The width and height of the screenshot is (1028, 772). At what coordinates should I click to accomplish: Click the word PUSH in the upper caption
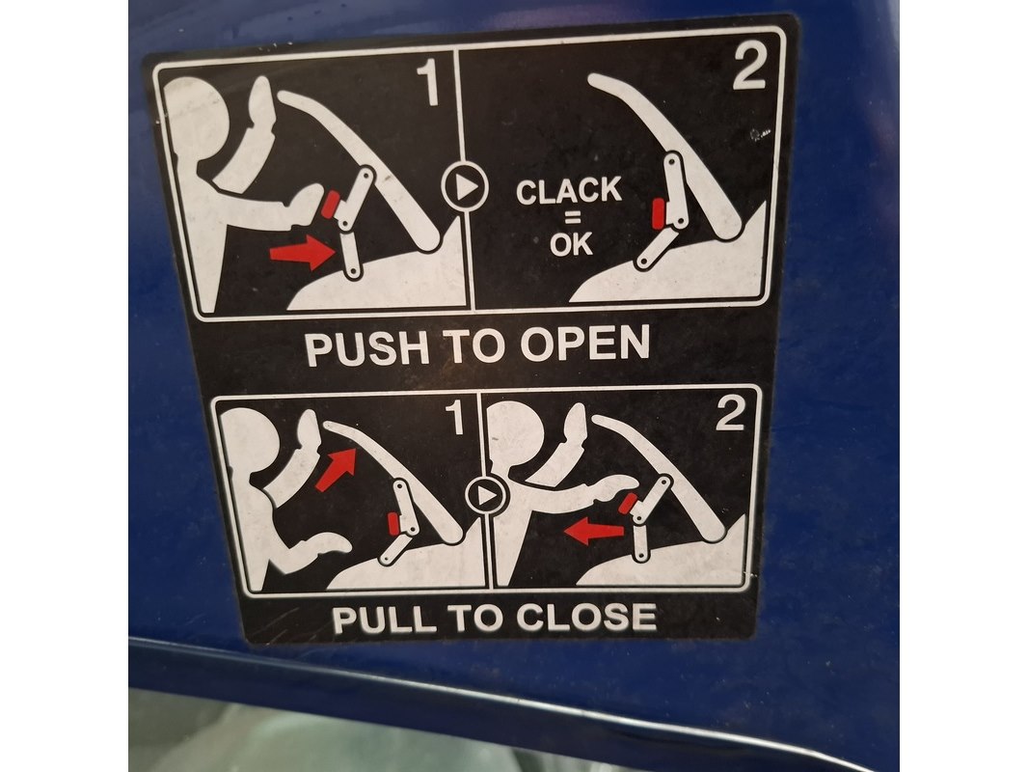click(367, 347)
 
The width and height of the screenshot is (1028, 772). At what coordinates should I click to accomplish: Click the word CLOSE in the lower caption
click(586, 617)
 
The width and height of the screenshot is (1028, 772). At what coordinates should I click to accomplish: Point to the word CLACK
click(568, 191)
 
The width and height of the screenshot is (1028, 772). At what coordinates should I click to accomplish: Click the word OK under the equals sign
click(571, 245)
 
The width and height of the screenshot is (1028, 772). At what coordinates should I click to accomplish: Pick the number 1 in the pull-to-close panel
click(455, 418)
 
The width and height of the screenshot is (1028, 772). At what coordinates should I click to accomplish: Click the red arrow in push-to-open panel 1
click(302, 253)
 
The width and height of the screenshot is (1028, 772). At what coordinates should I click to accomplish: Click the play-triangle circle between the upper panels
click(465, 186)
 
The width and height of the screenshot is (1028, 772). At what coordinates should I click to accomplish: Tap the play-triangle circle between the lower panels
click(487, 496)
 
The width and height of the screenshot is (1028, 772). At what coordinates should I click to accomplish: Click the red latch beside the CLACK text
click(659, 214)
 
